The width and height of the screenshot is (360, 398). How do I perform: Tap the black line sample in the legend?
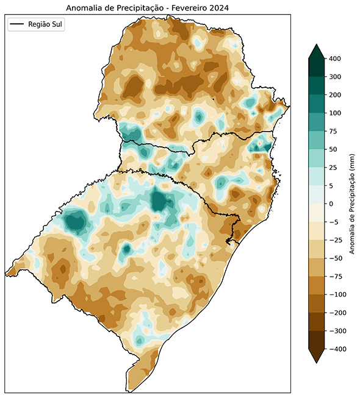[x=18, y=24]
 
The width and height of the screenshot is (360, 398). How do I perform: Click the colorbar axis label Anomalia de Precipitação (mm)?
[x=353, y=204]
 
